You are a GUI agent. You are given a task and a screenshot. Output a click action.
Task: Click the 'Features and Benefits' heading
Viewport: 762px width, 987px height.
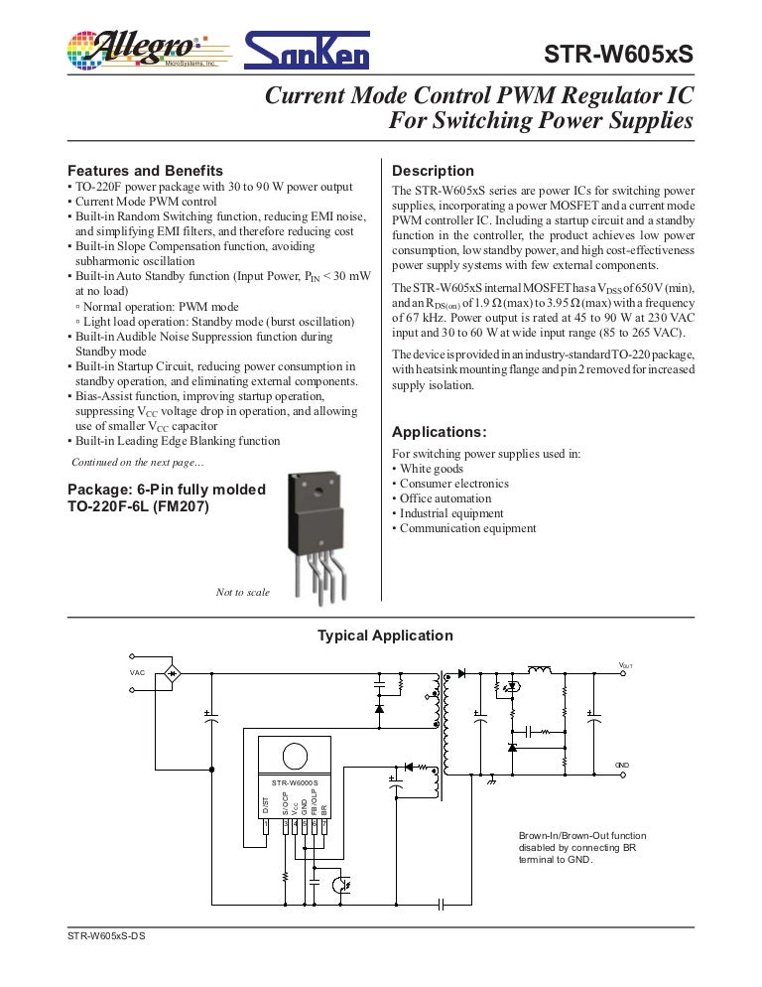[145, 171]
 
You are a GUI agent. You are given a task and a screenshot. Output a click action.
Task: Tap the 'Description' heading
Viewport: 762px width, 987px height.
[434, 171]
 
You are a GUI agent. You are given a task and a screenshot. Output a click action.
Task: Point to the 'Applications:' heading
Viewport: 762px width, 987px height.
[440, 432]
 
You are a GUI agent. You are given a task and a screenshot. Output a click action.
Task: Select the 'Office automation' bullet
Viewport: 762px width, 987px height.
[444, 498]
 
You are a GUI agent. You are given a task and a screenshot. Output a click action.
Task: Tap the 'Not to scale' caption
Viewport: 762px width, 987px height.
[243, 593]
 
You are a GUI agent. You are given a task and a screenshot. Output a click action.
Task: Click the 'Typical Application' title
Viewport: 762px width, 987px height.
[385, 636]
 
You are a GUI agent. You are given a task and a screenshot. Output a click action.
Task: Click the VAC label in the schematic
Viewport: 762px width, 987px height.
[137, 672]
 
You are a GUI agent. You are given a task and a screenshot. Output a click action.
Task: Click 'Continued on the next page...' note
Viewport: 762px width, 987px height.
[138, 463]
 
